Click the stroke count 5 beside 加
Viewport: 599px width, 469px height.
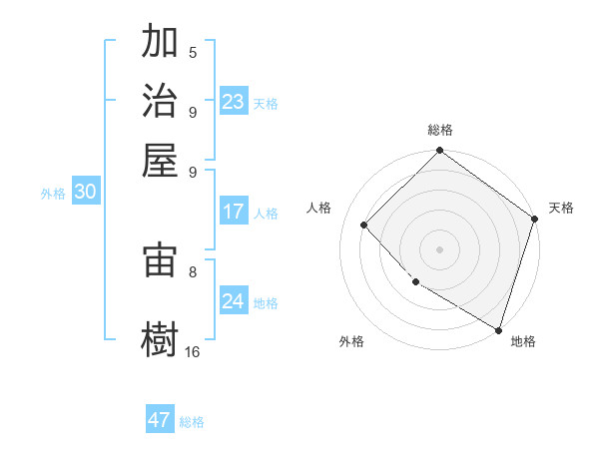point(193,53)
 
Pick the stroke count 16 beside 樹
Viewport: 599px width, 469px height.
point(193,351)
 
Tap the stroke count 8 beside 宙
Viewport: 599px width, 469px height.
point(193,270)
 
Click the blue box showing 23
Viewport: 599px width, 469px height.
point(234,102)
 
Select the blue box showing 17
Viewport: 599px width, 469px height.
point(234,212)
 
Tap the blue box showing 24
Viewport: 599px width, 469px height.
point(234,301)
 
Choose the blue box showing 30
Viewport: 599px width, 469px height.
point(85,193)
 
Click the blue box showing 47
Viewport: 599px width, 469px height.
point(160,420)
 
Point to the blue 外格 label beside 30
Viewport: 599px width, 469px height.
point(52,195)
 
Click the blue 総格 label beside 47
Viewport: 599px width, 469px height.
point(192,422)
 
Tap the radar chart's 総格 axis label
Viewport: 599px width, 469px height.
point(440,130)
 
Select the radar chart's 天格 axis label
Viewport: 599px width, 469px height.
point(561,208)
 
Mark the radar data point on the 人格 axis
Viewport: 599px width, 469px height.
point(364,225)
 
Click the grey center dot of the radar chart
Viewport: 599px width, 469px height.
point(439,248)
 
